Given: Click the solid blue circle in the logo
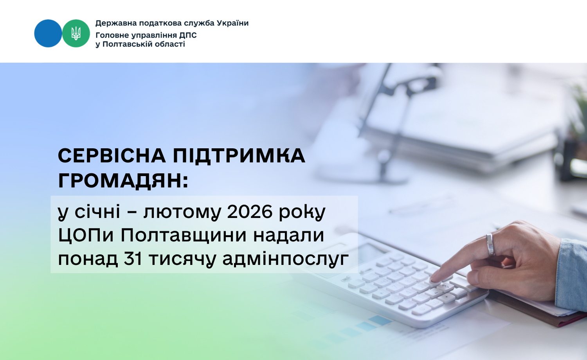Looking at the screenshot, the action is click(x=48, y=33).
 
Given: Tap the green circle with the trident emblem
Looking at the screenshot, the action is click(x=76, y=33).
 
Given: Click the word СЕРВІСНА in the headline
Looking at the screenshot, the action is click(x=112, y=156).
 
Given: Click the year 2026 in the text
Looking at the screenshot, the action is click(x=250, y=211).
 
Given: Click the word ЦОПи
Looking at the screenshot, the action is click(x=86, y=236).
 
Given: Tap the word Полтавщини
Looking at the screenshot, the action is click(x=183, y=236).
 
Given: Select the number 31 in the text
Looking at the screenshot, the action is click(x=133, y=259).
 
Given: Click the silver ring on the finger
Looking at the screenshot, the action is click(x=490, y=245).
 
